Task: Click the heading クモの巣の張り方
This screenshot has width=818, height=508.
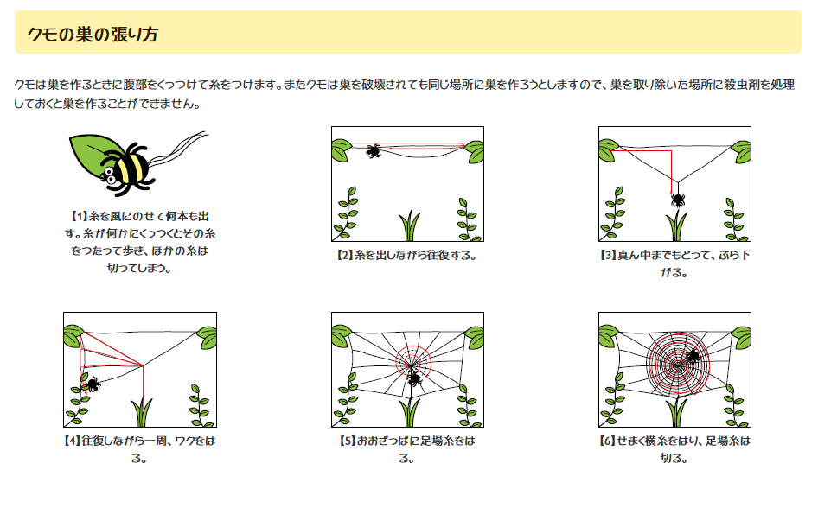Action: [93, 35]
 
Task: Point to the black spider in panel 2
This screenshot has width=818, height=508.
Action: [373, 151]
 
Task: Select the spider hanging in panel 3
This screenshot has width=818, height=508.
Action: [678, 200]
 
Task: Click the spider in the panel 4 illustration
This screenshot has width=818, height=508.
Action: [92, 384]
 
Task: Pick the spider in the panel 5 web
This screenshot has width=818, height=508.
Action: [414, 379]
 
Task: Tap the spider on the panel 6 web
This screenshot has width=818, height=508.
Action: [693, 357]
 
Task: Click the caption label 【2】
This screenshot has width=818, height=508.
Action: [345, 256]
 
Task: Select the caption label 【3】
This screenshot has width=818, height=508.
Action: [608, 256]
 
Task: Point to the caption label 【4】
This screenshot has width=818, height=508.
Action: [72, 441]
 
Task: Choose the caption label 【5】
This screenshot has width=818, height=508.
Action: [348, 441]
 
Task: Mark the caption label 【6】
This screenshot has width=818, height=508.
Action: [608, 441]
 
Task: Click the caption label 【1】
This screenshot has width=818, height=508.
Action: [79, 216]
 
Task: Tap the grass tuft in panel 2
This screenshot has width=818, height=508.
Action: [410, 225]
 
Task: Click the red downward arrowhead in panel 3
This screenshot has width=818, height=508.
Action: [671, 191]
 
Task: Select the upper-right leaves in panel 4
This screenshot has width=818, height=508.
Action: [208, 337]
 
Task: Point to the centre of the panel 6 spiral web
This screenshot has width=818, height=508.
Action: [678, 365]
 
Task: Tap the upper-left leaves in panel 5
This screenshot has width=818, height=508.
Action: [342, 335]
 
